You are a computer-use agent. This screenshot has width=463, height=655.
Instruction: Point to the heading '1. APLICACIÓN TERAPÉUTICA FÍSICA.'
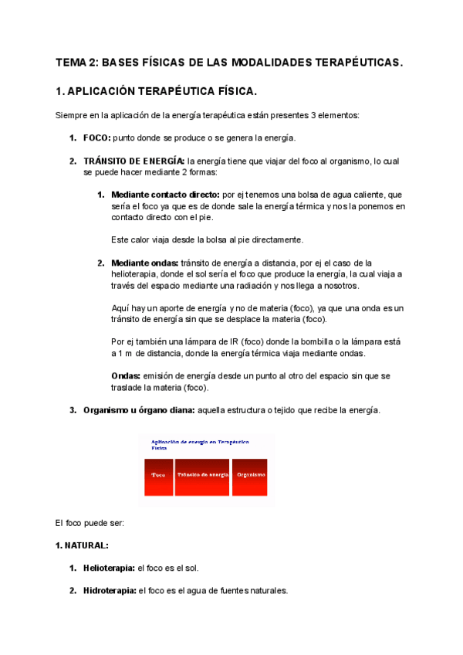pos(157,91)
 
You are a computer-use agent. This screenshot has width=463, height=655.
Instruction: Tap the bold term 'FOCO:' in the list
pos(97,137)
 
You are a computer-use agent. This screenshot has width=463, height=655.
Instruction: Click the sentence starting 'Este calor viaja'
pos(208,239)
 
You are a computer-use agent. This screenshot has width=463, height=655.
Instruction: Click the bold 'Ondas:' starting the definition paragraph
pos(125,375)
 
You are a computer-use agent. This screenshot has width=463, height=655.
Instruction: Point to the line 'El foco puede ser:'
pos(90,522)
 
